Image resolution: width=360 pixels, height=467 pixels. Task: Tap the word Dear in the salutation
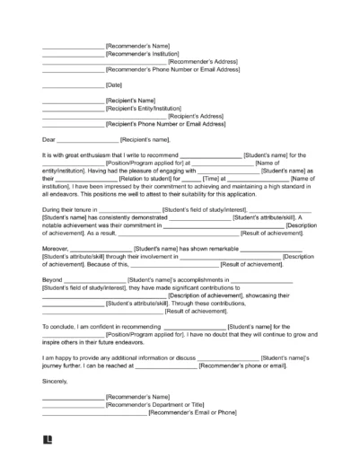point(49,140)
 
